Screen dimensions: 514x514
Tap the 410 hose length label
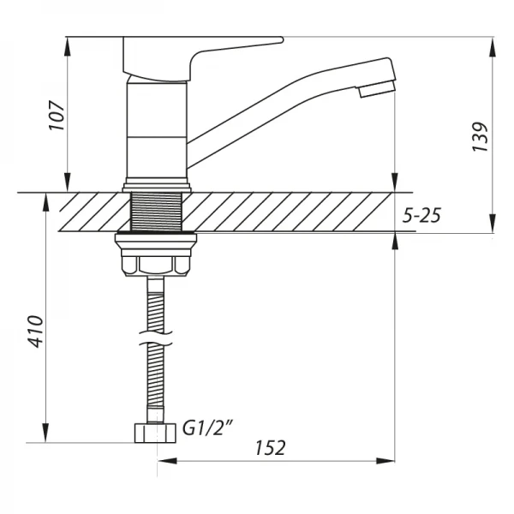coord(35,330)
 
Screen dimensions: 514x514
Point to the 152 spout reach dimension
coord(269,447)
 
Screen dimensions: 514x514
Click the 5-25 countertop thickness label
coord(421,216)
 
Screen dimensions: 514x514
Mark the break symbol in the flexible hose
coord(156,343)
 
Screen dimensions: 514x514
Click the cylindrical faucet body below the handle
coord(157,128)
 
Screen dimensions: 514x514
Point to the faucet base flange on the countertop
coord(156,185)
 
